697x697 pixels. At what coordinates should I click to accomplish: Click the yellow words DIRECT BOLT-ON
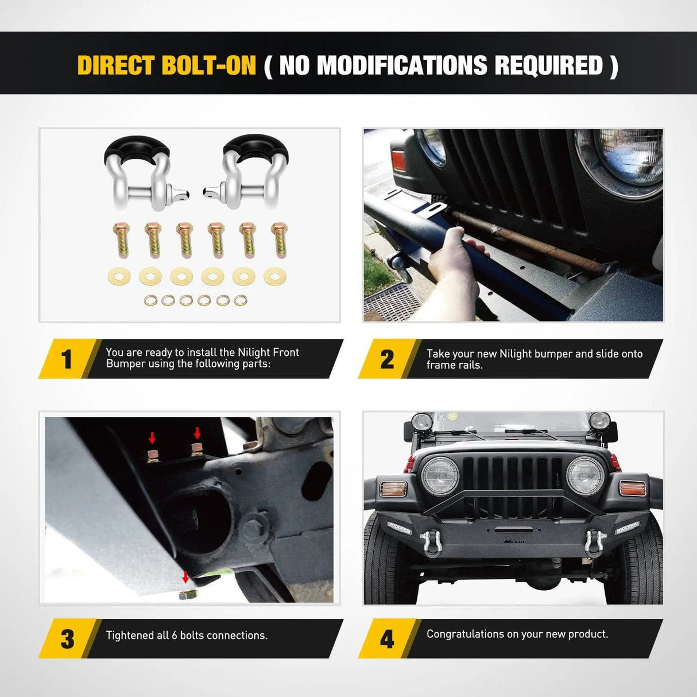(166, 65)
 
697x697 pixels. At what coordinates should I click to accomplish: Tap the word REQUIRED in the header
(548, 65)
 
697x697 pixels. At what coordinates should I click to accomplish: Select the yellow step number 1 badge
(67, 359)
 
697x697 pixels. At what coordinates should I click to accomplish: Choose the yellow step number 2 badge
(387, 359)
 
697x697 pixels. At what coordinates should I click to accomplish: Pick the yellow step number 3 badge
(67, 639)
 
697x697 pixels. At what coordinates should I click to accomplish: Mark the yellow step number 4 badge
(387, 639)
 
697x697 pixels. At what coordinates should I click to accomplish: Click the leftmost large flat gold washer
(119, 276)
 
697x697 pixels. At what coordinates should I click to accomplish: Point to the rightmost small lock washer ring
(241, 300)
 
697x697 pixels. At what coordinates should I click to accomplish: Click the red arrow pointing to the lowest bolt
(185, 576)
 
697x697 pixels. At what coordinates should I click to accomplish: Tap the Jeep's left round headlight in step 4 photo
(440, 476)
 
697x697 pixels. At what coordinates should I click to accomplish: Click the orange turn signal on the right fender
(631, 488)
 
